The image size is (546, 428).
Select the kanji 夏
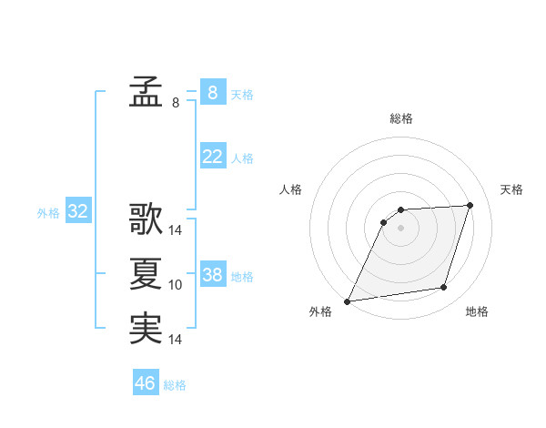[146, 274]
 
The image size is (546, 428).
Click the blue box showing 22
[212, 157]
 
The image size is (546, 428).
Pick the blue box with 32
[78, 212]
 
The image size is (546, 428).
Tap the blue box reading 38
[212, 275]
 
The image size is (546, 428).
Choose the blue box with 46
[145, 383]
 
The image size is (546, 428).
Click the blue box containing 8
[212, 93]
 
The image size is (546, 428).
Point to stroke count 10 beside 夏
[176, 285]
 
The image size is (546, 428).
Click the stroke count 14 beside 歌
[176, 230]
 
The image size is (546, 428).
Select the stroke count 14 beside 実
[176, 340]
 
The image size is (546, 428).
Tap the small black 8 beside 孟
[176, 103]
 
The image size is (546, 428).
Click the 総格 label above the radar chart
[400, 118]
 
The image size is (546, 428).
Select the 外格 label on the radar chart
[320, 311]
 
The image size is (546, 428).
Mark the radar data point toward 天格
[470, 206]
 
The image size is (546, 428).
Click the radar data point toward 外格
[348, 301]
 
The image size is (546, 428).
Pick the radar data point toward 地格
[444, 288]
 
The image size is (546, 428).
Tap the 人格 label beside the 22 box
[242, 158]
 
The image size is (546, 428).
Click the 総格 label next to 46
[175, 385]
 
